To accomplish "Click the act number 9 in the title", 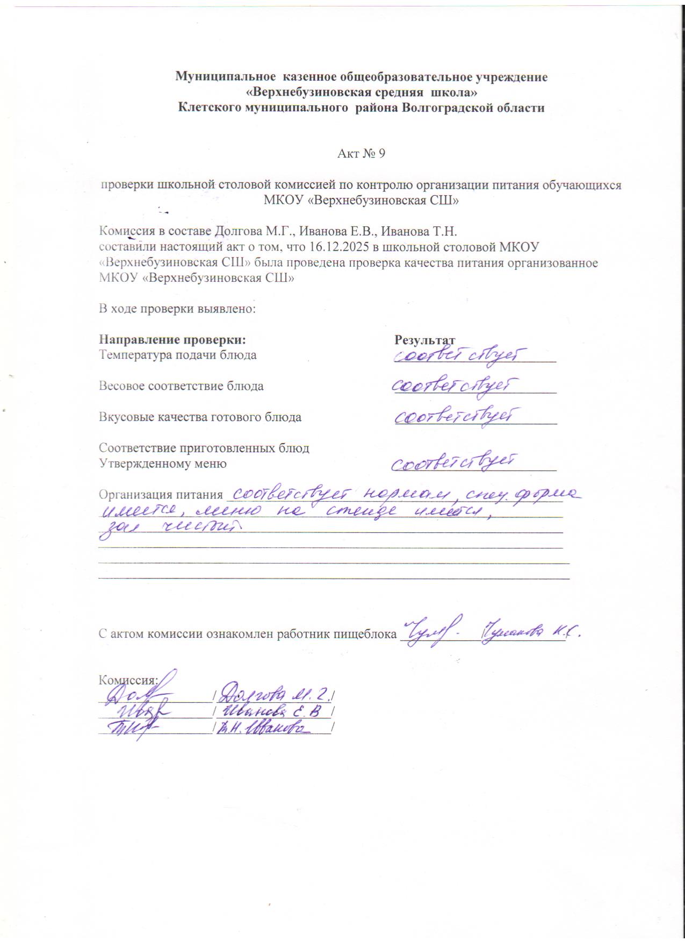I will [x=381, y=154].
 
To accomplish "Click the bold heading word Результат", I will [x=424, y=340].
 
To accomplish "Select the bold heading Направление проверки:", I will [x=172, y=340].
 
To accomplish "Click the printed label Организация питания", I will [x=161, y=495].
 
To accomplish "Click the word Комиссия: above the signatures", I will [x=127, y=679].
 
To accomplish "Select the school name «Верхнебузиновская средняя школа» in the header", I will [x=361, y=92].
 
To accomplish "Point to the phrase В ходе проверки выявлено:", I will [x=177, y=309].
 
